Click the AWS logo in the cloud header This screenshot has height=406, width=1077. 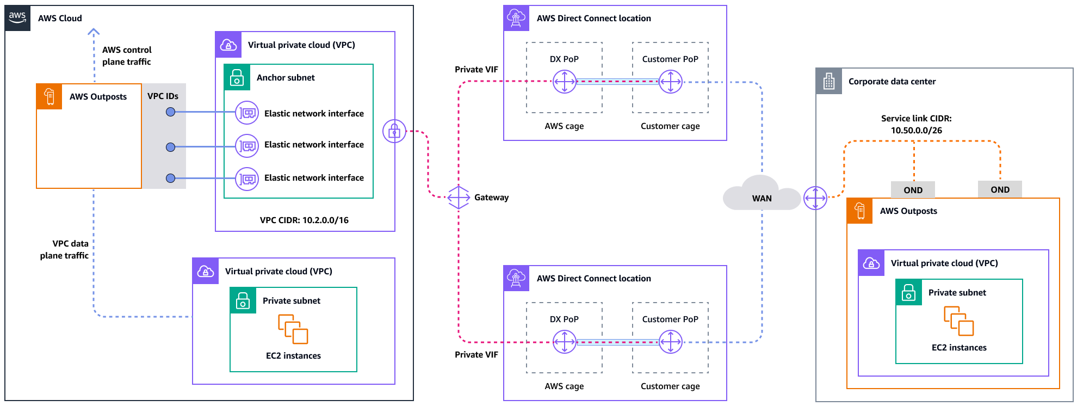click(17, 17)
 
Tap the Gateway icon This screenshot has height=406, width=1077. click(459, 198)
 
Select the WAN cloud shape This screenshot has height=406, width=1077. click(761, 193)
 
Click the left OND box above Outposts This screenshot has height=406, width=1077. click(913, 190)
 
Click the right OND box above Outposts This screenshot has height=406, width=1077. click(1000, 189)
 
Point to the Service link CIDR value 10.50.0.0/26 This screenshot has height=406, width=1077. click(916, 131)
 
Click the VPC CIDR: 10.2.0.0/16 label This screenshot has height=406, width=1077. click(304, 220)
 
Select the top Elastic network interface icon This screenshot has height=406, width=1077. click(247, 113)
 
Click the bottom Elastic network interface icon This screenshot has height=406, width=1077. click(247, 179)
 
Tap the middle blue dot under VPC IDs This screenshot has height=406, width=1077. click(170, 147)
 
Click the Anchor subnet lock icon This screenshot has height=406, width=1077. click(237, 78)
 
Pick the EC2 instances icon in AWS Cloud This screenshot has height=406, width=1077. click(293, 329)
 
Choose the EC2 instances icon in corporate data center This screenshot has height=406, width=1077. click(958, 321)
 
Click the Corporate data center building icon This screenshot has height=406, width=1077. click(829, 82)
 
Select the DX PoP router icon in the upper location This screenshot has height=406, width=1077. click(564, 82)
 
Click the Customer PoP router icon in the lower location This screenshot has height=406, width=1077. click(670, 342)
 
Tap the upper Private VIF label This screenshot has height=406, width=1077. click(476, 70)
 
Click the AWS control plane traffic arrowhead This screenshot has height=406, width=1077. click(94, 32)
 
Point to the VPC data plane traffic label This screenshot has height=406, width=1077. click(64, 249)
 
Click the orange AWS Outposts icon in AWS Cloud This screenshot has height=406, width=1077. click(49, 96)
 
